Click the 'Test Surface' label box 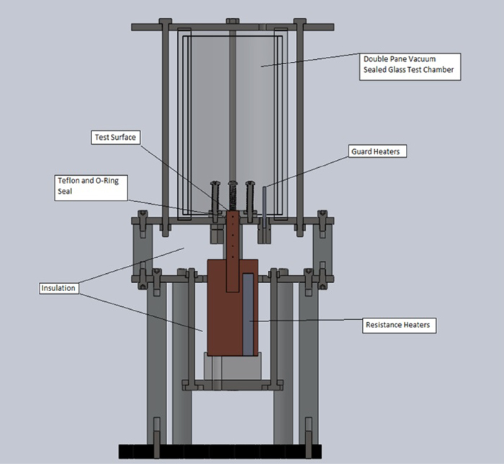tap(116, 137)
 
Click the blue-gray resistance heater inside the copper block tap(247, 313)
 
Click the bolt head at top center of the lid tap(233, 22)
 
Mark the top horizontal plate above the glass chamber tap(233, 28)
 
